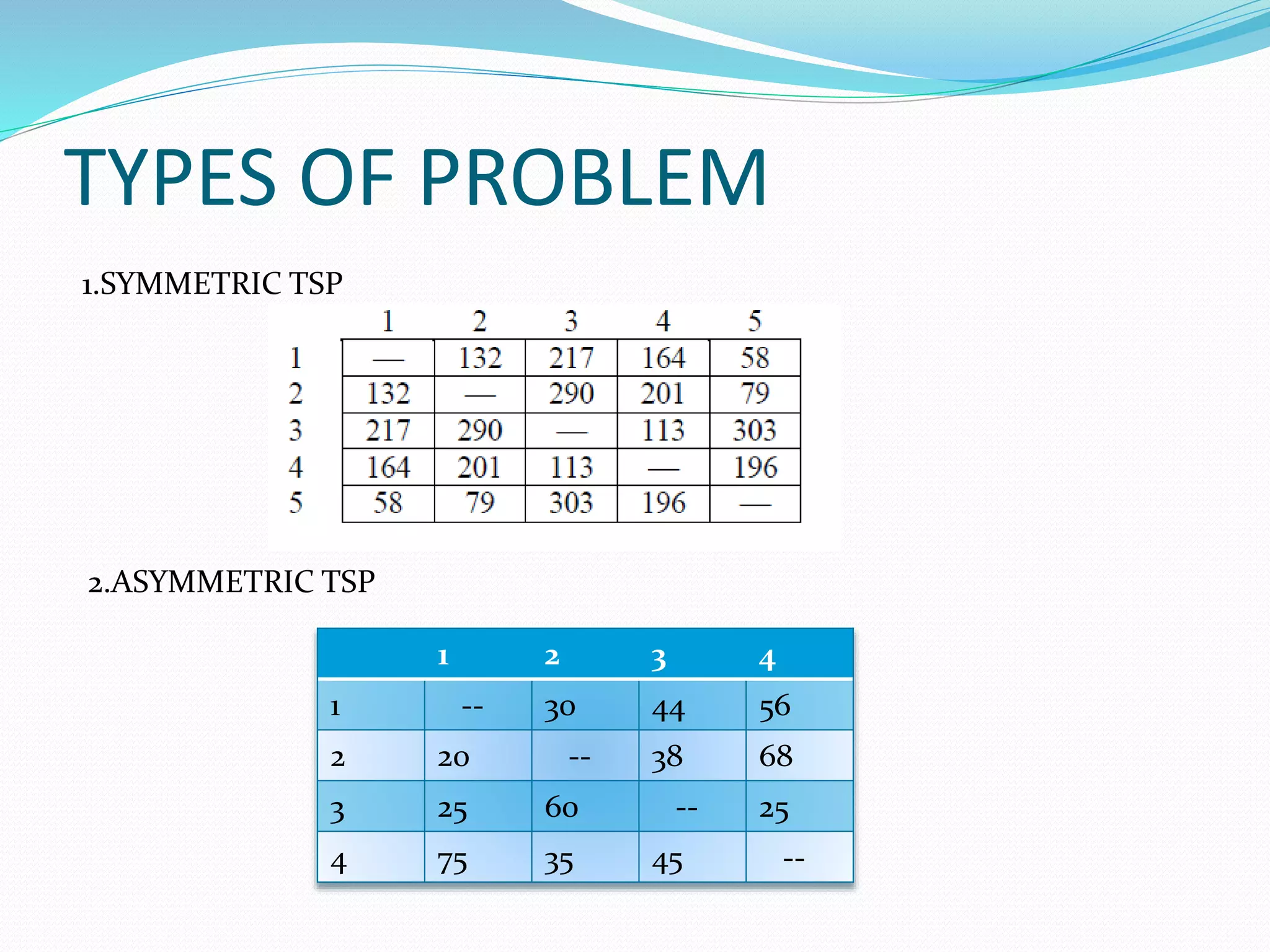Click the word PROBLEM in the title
[x=593, y=178]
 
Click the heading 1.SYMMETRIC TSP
[x=211, y=284]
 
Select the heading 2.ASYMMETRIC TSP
[x=231, y=582]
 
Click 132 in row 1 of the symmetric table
[x=479, y=358]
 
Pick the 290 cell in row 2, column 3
[x=571, y=394]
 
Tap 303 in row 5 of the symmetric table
[x=571, y=503]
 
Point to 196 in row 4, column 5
[x=755, y=467]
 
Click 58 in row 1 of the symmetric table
[x=755, y=358]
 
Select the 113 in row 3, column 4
[x=663, y=431]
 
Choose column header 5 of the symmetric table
[x=755, y=321]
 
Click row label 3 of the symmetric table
[x=295, y=431]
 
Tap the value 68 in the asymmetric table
[x=776, y=757]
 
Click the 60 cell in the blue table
[x=561, y=808]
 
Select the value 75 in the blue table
[x=452, y=863]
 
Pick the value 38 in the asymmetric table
[x=667, y=758]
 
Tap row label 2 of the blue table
[x=337, y=758]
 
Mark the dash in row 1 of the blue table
[x=472, y=707]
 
